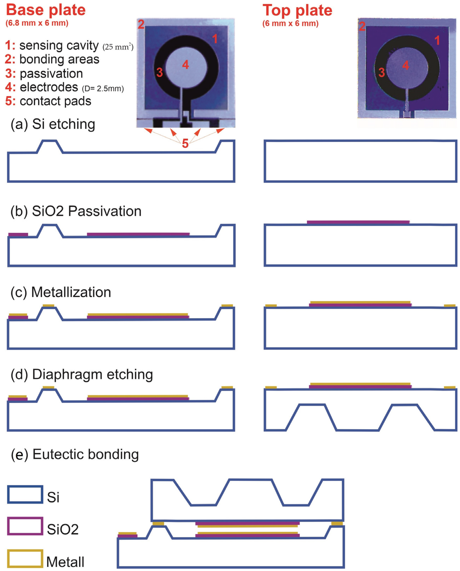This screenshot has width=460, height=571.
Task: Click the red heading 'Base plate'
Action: click(x=46, y=10)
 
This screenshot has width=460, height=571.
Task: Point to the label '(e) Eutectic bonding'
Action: click(x=75, y=455)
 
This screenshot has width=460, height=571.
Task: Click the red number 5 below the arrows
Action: click(x=185, y=144)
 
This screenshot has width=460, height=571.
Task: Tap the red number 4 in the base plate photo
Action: click(x=186, y=65)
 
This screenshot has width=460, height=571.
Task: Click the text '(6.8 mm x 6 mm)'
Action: click(x=37, y=23)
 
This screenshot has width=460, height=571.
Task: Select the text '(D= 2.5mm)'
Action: click(x=103, y=88)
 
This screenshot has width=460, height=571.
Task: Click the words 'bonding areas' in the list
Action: click(x=59, y=59)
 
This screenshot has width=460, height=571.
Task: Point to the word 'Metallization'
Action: click(x=71, y=292)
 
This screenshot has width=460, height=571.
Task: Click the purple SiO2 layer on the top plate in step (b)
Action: click(x=358, y=222)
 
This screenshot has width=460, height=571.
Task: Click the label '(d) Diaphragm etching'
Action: click(x=82, y=374)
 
